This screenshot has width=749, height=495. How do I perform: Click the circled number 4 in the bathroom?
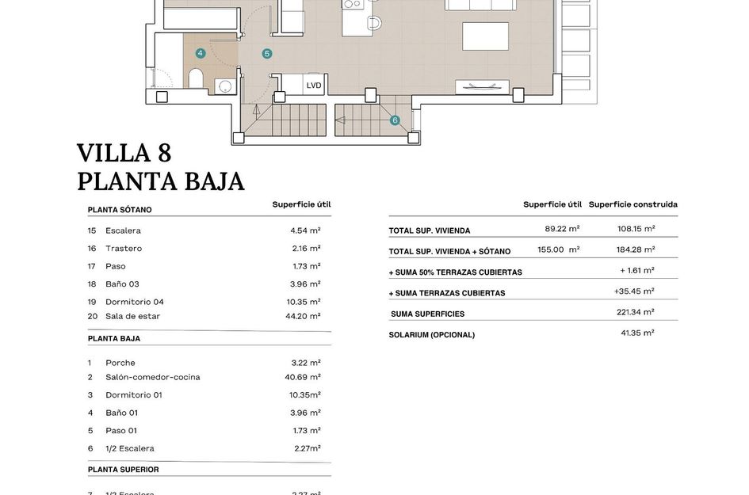pos(201,53)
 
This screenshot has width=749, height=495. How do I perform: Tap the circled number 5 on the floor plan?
pos(267,53)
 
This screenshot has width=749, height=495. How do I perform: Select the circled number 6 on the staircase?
pos(395,120)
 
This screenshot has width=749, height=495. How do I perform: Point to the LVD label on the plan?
pos(314,85)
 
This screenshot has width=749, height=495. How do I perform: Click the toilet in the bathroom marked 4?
pos(197,78)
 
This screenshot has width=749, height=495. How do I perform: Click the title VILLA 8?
pos(124,153)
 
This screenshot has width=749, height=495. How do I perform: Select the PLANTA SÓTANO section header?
pos(120,210)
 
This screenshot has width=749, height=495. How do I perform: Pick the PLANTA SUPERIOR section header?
pos(123,470)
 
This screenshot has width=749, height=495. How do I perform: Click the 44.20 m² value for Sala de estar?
pos(304,316)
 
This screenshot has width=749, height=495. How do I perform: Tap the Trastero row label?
pos(124,249)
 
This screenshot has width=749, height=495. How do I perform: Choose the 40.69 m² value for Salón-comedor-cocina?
pos(303,377)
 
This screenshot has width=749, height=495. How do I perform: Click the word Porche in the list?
pos(120,363)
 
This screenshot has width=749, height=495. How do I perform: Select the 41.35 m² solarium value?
pos(637,333)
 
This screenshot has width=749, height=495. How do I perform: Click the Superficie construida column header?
pos(632,204)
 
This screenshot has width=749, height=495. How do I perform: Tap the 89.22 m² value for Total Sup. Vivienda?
pos(562,228)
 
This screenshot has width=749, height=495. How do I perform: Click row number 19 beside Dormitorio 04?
pos(91,302)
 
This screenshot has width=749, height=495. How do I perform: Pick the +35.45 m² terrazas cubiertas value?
pos(634,291)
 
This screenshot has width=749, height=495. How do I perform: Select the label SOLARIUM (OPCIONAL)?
pos(431,335)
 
